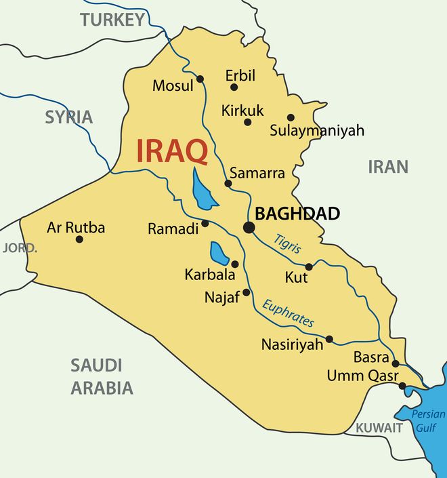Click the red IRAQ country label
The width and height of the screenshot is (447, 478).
coord(172,151)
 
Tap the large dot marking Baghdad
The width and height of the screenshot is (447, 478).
coord(249,228)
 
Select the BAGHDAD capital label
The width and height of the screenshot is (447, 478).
coord(298,214)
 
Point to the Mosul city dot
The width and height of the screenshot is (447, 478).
coord(200,79)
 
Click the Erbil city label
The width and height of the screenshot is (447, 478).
coord(240,75)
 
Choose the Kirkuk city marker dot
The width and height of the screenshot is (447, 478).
coord(248,122)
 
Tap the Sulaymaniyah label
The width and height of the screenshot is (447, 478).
coord(317,130)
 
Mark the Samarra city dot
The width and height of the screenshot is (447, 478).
coord(229,183)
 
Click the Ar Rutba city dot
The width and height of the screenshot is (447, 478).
coord(79,239)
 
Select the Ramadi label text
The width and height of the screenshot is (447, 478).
coord(173,229)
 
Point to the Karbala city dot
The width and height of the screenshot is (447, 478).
coord(235,264)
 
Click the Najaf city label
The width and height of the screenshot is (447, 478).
coord(222,297)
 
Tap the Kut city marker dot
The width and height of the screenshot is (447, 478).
coord(309,266)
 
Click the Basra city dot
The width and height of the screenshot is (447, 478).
coord(396,363)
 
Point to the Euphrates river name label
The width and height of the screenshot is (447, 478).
coord(289,313)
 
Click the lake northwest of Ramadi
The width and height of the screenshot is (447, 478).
coord(202,191)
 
